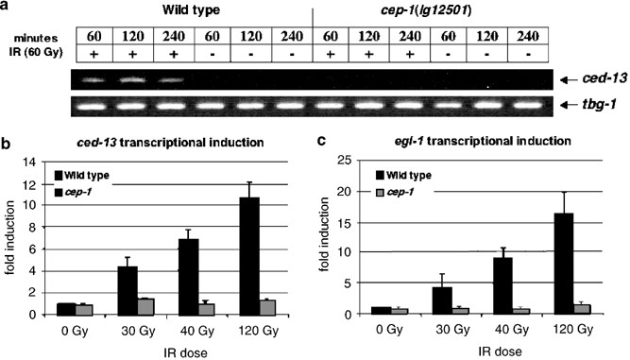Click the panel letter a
pyautogui.click(x=7, y=9)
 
